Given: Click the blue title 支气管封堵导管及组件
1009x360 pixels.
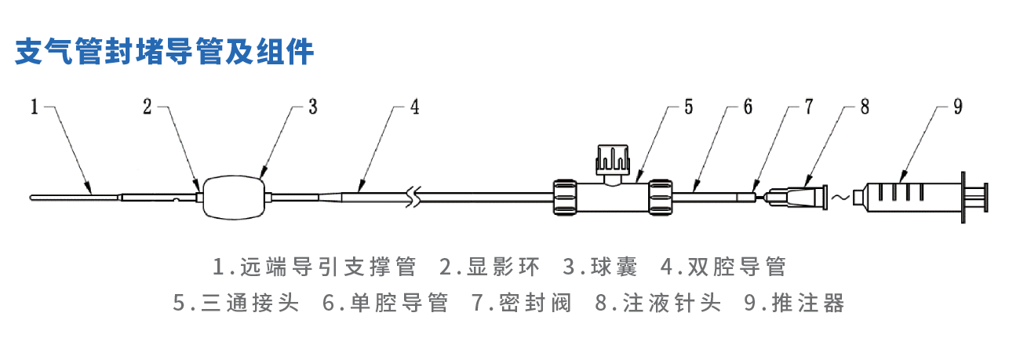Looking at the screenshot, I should point(165,52).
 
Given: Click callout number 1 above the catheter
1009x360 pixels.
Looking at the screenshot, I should point(35,107).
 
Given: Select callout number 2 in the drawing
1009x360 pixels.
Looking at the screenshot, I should point(148,107).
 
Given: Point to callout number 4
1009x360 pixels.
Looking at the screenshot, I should point(415,107).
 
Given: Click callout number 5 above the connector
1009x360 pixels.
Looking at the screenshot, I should point(688,107).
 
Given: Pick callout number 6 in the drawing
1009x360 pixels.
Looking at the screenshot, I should point(748,107).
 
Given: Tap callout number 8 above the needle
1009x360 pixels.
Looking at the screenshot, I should point(864,107).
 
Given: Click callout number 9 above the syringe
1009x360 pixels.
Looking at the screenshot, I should point(957,107).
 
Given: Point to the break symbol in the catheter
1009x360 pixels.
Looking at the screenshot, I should point(415,196).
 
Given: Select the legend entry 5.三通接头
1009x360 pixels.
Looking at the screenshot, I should point(236,303).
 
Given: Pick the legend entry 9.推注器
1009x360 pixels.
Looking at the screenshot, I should point(793,303).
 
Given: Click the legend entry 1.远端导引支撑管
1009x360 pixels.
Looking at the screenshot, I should point(315,267).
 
